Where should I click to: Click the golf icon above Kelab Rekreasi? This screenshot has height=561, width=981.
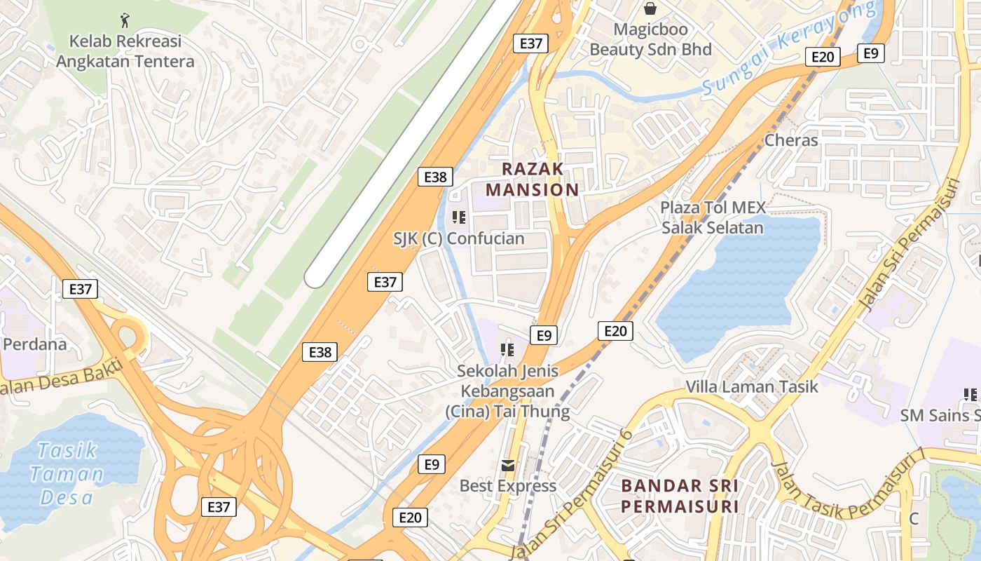point(125,19)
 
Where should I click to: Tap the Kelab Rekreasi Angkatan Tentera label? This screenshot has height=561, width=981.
point(125,51)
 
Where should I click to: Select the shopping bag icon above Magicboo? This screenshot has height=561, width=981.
point(650,8)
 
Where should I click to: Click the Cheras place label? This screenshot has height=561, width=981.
point(791,140)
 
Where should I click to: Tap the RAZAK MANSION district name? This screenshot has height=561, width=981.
point(533,179)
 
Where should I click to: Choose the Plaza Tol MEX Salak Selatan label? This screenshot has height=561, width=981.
point(713,217)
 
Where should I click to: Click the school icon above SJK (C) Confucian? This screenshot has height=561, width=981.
point(459,217)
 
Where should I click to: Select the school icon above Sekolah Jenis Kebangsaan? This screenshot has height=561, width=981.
point(507,349)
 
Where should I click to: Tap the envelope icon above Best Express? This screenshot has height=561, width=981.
point(507,465)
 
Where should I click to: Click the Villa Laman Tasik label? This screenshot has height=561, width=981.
point(752,386)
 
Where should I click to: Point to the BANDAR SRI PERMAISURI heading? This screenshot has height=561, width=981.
point(680,496)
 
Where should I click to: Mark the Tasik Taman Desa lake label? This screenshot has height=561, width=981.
point(67,473)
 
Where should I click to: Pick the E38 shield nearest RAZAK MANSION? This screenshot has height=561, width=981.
point(435,177)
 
